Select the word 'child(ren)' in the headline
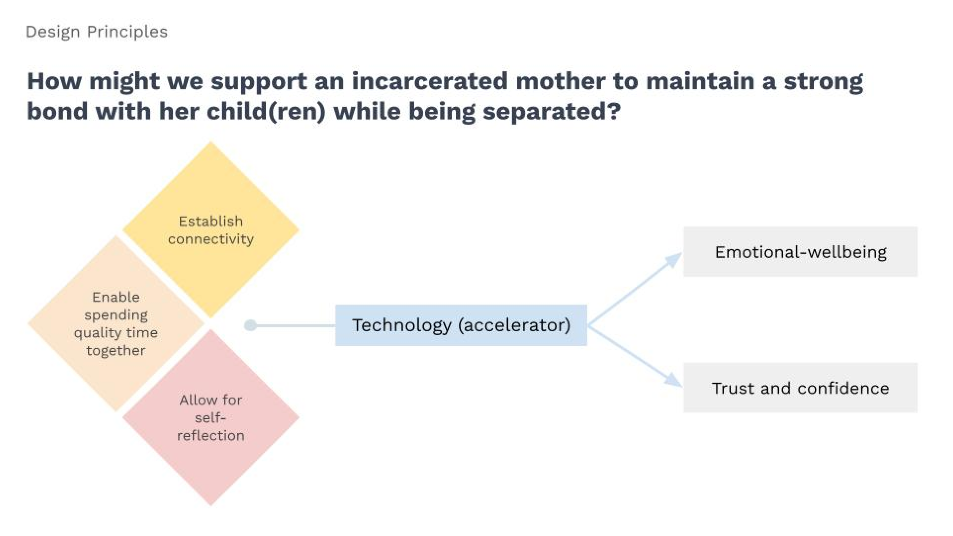(266, 111)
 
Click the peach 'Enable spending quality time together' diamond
(116, 324)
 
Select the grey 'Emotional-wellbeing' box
(800, 252)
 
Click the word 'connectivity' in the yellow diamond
(211, 239)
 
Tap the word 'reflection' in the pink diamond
(211, 436)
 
